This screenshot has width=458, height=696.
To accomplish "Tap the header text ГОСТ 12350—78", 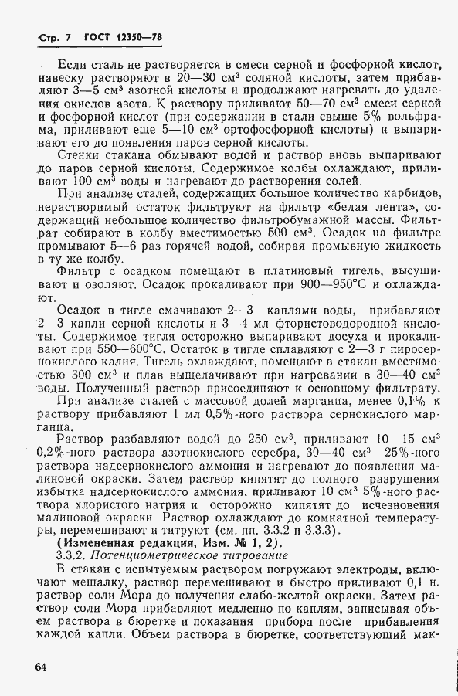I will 122,37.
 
